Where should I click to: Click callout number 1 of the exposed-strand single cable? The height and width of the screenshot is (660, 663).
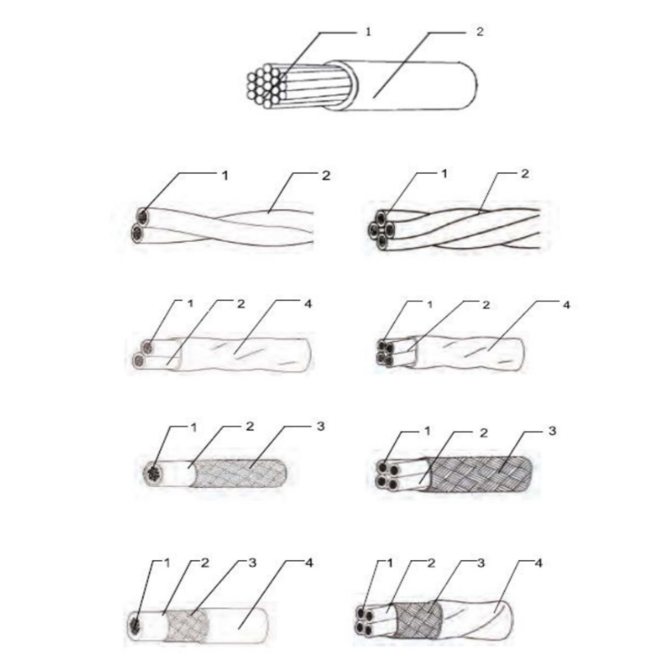click(368, 31)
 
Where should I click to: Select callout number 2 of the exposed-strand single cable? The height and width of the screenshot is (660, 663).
click(479, 31)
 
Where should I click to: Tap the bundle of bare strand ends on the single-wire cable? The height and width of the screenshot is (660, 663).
click(264, 86)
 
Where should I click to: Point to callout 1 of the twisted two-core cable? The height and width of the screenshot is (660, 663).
click(225, 175)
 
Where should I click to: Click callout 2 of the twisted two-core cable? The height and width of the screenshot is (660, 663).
click(326, 175)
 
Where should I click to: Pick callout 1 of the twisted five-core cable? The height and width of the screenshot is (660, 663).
click(444, 174)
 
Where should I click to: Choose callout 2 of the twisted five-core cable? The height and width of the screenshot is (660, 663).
click(524, 174)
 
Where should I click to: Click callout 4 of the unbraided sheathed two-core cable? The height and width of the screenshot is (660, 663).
click(309, 304)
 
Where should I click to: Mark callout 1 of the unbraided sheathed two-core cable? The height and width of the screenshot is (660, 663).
click(190, 303)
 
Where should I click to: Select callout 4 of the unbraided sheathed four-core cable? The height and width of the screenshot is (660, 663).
click(566, 305)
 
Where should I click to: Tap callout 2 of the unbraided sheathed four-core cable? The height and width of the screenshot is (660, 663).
click(486, 305)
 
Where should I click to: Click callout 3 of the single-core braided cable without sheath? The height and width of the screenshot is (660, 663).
click(321, 426)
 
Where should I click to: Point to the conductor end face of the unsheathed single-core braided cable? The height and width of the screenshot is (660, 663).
click(153, 473)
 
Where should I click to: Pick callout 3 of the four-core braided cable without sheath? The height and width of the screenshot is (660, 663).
click(551, 431)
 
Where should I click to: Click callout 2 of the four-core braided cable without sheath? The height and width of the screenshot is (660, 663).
click(484, 433)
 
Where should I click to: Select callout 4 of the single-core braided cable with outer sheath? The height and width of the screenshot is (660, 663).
click(309, 562)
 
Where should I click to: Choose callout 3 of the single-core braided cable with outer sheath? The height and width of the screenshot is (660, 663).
click(252, 562)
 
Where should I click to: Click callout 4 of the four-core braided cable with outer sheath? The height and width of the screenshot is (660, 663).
click(538, 563)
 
